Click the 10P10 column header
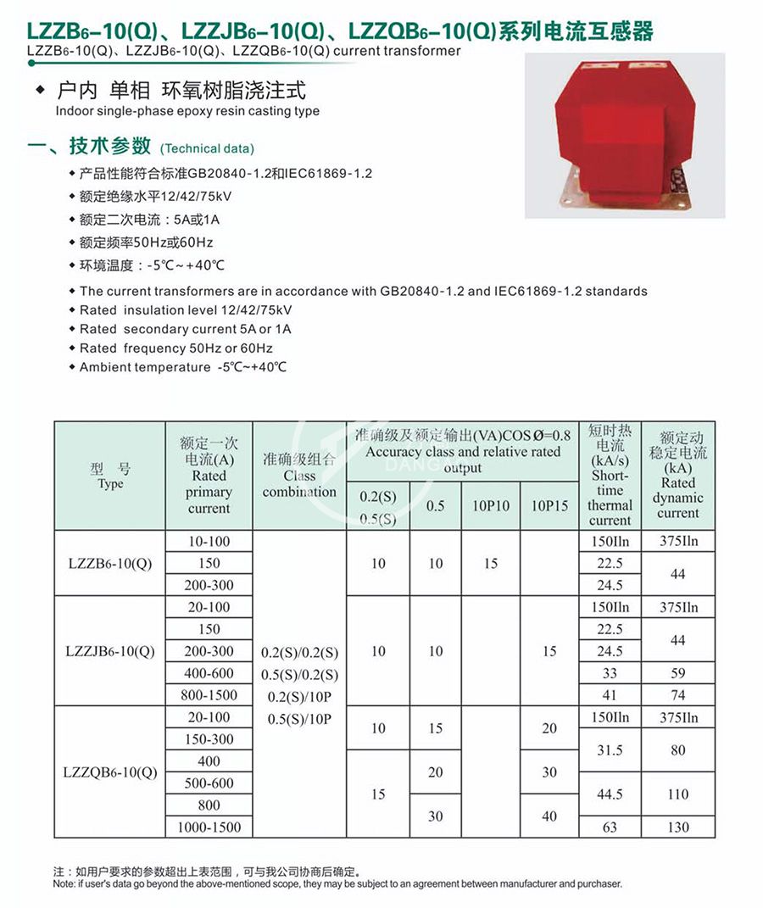click(491, 505)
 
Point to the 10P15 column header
click(549, 505)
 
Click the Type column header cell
click(110, 476)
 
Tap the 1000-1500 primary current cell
click(209, 827)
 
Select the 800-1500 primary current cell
click(209, 695)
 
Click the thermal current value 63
click(610, 827)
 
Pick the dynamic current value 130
click(677, 827)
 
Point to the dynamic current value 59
click(677, 673)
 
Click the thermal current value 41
click(610, 695)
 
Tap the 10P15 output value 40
click(549, 816)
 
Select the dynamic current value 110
click(677, 794)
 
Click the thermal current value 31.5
click(610, 750)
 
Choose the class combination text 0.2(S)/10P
click(300, 696)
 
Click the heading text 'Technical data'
click(207, 148)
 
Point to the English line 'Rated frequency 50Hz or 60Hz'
click(176, 348)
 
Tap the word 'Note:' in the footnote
click(64, 883)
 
